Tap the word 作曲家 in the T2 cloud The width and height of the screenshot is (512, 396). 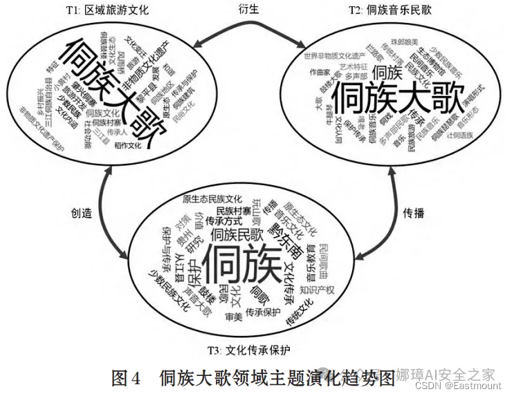point(320,70)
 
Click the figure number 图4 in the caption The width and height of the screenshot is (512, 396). point(127,378)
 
